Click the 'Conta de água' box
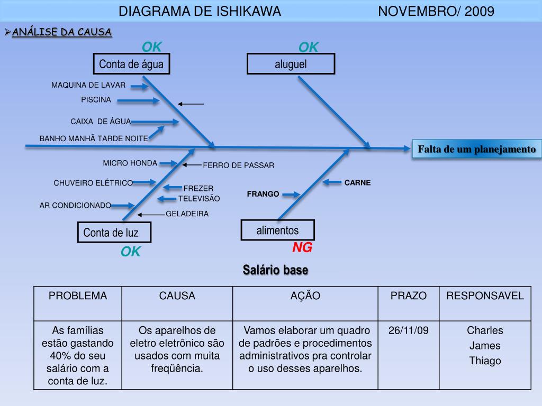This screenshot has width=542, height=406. click(132, 65)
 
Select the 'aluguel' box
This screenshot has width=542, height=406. click(291, 64)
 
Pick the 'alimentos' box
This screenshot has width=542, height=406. click(277, 230)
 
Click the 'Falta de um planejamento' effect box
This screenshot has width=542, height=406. click(476, 150)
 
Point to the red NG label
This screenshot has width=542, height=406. click(303, 247)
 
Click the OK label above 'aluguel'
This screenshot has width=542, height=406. click(309, 48)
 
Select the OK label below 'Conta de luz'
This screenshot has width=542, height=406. click(131, 252)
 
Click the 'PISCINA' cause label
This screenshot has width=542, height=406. click(96, 99)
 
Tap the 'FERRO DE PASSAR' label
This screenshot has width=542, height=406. click(239, 165)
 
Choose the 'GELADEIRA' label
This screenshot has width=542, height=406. click(187, 214)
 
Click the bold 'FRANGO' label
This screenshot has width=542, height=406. click(263, 194)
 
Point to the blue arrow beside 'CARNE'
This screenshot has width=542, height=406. click(332, 182)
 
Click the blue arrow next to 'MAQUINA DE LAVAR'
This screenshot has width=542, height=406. click(140, 86)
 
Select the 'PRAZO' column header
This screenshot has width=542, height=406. click(408, 296)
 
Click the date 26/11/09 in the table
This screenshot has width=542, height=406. click(408, 331)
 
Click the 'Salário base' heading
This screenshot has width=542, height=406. click(276, 270)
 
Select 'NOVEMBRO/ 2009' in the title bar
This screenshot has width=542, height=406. click(436, 11)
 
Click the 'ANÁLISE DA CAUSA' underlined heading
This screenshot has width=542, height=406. click(61, 32)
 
